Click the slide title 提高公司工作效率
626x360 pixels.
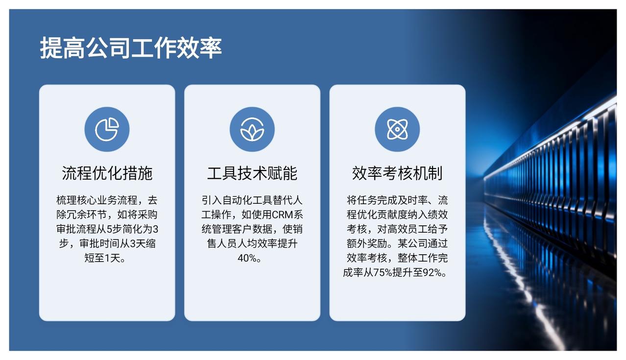[131, 48]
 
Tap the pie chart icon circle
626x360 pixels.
[107, 129]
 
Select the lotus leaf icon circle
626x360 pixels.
[252, 129]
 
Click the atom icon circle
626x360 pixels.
[397, 129]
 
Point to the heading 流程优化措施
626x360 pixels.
[107, 173]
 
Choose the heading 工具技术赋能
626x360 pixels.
[252, 173]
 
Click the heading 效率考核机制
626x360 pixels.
[397, 173]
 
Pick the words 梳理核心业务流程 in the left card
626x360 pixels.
[97, 200]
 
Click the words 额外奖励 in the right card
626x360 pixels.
[367, 243]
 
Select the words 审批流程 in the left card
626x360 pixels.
[76, 229]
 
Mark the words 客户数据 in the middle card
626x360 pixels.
[252, 229]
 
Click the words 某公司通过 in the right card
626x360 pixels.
[423, 243]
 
